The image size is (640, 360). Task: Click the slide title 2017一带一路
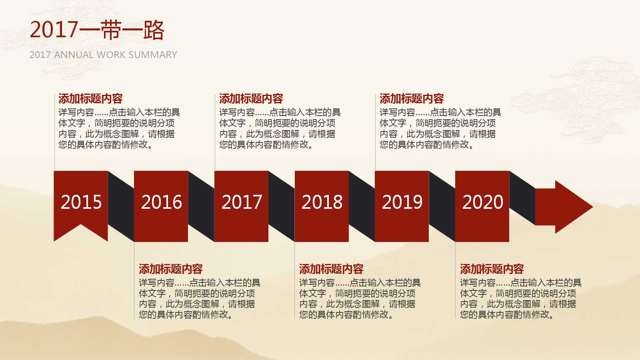(97, 30)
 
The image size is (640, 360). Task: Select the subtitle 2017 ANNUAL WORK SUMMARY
(103, 55)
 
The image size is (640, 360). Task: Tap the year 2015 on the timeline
(81, 202)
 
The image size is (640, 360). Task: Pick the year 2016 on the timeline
(161, 202)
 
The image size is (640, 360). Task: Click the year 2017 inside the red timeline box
(242, 202)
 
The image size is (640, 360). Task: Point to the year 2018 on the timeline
(322, 202)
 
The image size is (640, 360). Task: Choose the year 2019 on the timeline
(402, 202)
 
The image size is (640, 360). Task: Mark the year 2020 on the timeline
(482, 202)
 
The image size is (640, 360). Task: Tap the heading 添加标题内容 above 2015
(90, 98)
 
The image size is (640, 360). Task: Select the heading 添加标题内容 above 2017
(251, 98)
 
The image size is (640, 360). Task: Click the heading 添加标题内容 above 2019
(412, 98)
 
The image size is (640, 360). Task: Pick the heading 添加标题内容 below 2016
(171, 269)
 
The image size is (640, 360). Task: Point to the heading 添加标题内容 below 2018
(331, 269)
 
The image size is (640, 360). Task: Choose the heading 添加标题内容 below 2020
(492, 269)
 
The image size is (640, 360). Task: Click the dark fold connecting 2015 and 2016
(121, 206)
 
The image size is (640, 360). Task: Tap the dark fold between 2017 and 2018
(282, 206)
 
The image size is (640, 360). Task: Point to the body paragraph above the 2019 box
(440, 128)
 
